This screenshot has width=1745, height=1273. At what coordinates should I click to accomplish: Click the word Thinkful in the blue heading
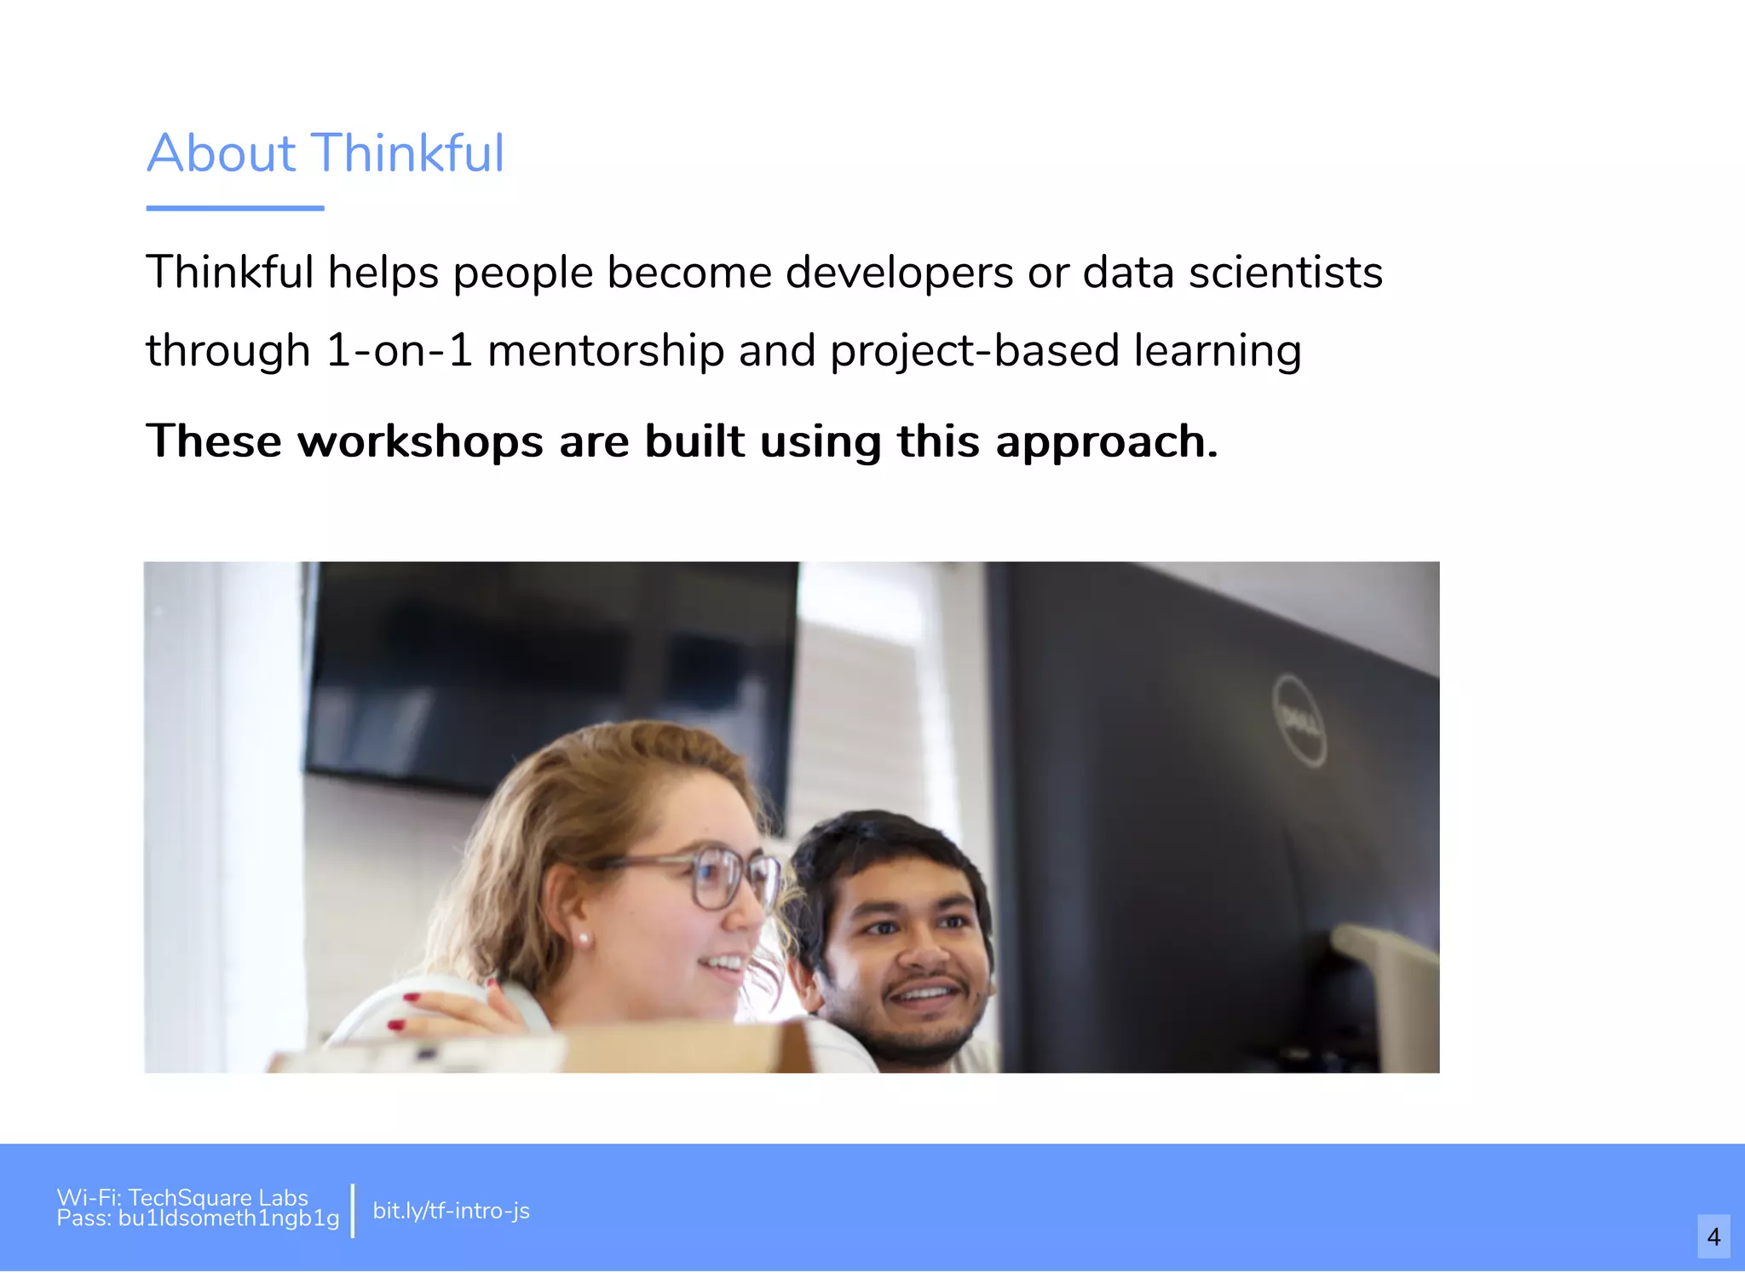409,153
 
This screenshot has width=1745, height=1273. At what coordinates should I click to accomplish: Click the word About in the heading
222,153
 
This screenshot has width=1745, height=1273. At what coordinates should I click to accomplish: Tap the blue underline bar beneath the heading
235,208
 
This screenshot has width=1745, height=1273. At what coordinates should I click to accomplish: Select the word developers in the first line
900,274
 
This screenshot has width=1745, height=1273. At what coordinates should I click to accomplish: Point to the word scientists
1286,274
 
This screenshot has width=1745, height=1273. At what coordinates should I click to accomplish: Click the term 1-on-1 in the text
399,351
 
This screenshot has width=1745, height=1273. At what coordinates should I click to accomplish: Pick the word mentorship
605,351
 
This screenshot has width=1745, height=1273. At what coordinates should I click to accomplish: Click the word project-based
974,351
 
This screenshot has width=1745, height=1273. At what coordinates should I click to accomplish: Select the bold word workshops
420,441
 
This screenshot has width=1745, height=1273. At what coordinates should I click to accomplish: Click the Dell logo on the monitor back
1299,721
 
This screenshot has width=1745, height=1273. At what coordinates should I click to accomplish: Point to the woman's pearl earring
584,939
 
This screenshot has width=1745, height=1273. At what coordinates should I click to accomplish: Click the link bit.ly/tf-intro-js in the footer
451,1211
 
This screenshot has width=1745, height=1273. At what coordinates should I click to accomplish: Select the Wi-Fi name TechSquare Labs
218,1197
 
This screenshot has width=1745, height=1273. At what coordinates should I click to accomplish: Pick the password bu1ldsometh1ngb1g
228,1218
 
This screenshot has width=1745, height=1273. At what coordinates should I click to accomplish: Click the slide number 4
1713,1236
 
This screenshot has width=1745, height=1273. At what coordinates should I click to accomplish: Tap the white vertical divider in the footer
353,1210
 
